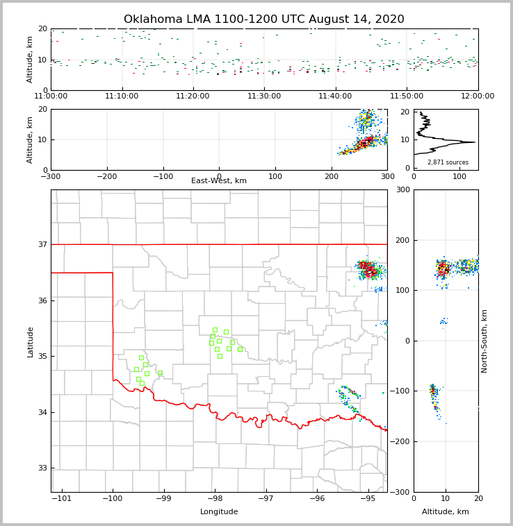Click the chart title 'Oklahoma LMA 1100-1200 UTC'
pyautogui.click(x=263, y=19)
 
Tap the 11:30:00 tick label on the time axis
pyautogui.click(x=264, y=96)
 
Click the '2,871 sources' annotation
pyautogui.click(x=448, y=162)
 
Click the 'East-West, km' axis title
pyautogui.click(x=219, y=181)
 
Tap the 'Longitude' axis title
pyautogui.click(x=219, y=512)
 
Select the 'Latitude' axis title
pyautogui.click(x=31, y=341)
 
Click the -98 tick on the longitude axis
pyautogui.click(x=215, y=499)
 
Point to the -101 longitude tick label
pyautogui.click(x=62, y=499)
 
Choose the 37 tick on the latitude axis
pyautogui.click(x=42, y=244)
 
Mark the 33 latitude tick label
pyautogui.click(x=42, y=468)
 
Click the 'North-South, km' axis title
pyautogui.click(x=484, y=341)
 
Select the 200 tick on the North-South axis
pyautogui.click(x=402, y=240)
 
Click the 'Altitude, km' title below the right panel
pyautogui.click(x=446, y=512)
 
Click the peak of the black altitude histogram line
pyautogui.click(x=475, y=142)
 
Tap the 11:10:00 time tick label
pyautogui.click(x=122, y=96)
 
